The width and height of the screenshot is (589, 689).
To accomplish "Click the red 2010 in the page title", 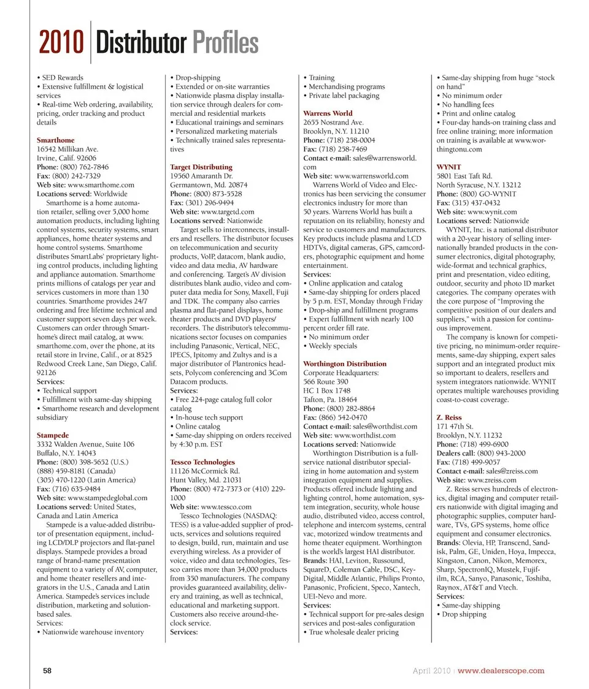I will (61, 44).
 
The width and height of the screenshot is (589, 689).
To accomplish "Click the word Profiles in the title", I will (225, 44).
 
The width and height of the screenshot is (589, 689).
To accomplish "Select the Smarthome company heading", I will (56, 140).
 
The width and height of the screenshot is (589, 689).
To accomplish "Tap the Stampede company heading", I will (53, 435).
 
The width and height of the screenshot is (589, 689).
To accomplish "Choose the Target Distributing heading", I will (201, 167).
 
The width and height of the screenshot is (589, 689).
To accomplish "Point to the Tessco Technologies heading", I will (202, 462).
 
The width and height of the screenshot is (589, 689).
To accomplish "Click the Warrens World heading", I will (328, 113).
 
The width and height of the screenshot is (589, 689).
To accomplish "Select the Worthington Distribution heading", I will (345, 364).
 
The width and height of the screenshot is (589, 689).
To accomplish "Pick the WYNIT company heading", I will (448, 167).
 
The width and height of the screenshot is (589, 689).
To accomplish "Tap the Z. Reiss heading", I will (448, 417).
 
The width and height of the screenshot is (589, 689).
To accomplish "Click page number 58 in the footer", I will (47, 671).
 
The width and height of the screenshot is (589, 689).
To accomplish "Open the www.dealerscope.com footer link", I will (501, 671).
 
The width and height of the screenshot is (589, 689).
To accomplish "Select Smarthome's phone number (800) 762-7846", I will (83, 167).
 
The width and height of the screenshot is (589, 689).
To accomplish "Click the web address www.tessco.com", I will (226, 507).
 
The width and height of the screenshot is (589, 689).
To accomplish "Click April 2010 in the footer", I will (431, 671).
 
